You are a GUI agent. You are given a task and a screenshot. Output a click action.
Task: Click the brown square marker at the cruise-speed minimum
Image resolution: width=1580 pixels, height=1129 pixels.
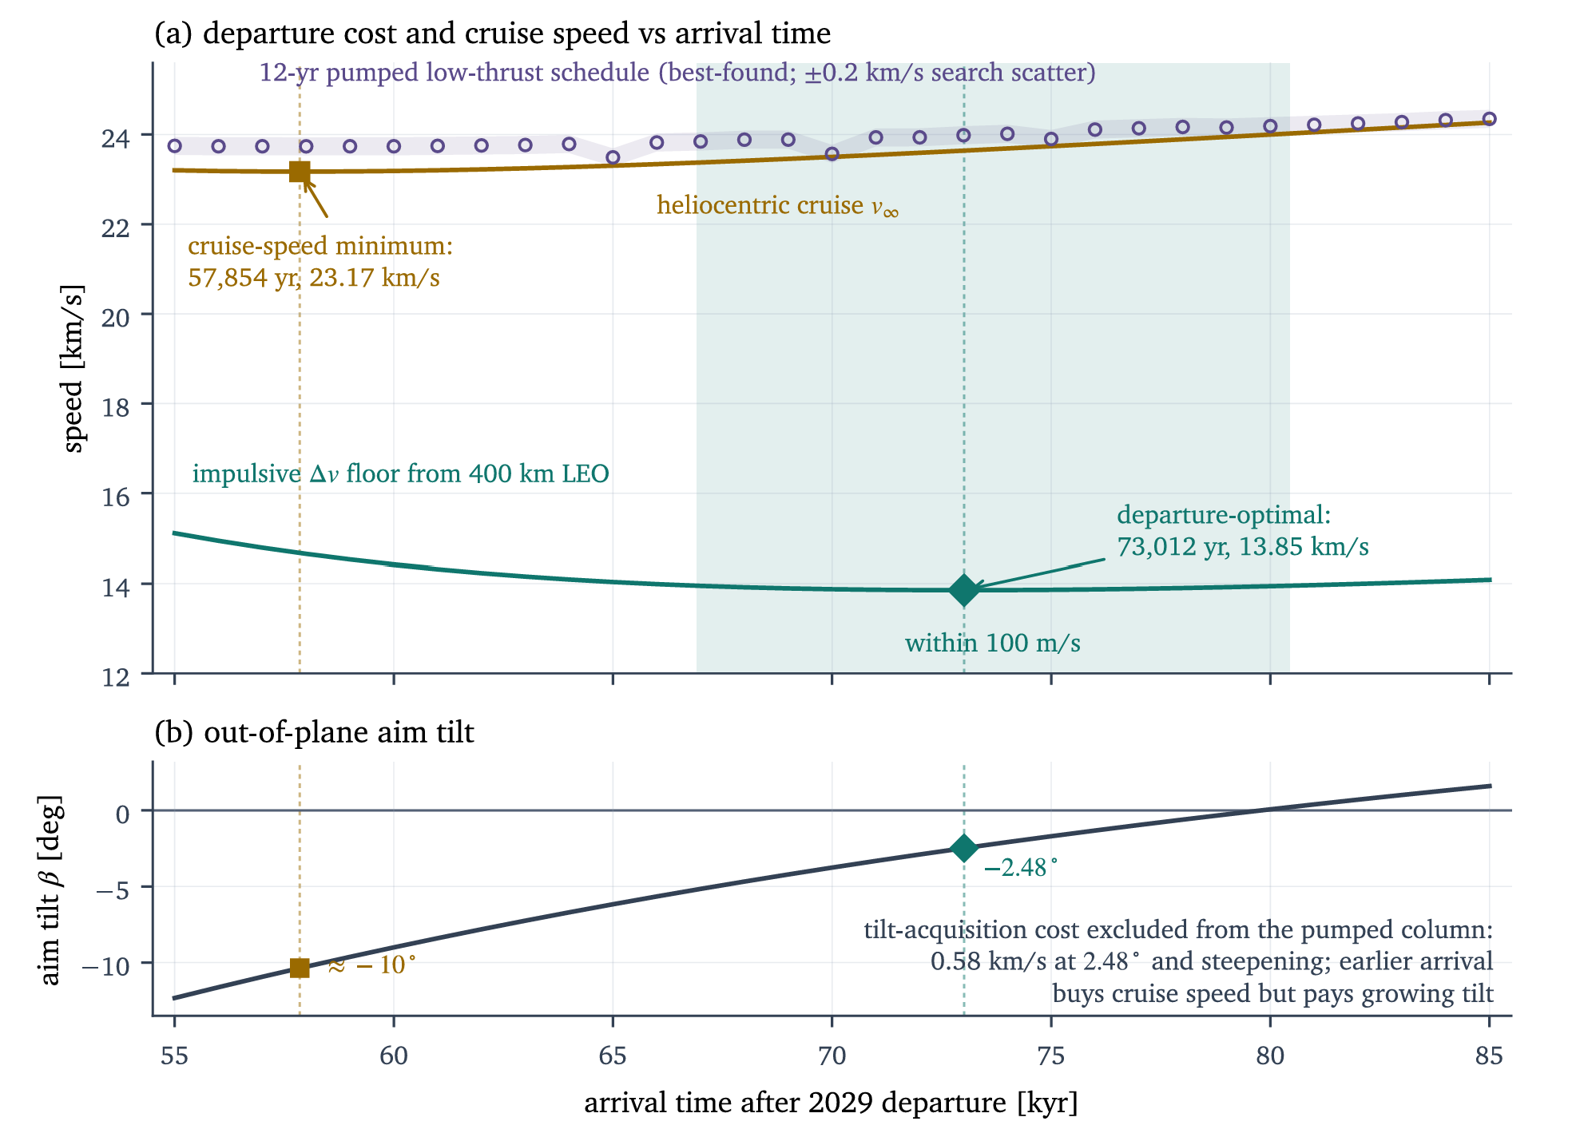300,172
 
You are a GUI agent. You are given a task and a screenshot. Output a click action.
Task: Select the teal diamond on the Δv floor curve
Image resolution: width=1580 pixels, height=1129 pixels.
964,590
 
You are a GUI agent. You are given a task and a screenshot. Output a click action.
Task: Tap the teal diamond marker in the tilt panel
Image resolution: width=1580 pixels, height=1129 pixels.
964,848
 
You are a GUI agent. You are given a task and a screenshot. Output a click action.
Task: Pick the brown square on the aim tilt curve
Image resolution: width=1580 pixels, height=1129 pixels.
300,968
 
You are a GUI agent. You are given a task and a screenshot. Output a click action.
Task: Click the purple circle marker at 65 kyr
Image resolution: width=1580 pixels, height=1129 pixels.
613,157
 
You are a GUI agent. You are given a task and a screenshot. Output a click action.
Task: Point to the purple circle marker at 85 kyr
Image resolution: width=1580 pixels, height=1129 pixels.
1489,119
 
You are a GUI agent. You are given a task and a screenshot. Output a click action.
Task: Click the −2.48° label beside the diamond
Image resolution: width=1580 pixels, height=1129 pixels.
1020,868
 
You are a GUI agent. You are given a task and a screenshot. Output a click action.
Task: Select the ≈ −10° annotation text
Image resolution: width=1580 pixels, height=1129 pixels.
372,965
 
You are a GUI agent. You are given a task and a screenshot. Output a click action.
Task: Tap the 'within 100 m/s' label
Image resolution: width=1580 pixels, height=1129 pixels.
993,643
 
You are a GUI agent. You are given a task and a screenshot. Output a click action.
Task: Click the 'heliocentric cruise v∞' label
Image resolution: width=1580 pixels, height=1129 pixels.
778,205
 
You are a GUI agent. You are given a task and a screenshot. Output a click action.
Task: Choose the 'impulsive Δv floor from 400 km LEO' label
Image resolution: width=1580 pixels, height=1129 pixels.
400,473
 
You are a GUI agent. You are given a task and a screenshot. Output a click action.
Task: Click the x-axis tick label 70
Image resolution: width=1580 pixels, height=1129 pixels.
832,1056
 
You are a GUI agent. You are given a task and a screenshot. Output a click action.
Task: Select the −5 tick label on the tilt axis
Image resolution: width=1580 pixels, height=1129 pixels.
113,889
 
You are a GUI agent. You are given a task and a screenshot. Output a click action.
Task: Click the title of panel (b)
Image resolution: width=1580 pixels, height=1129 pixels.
314,732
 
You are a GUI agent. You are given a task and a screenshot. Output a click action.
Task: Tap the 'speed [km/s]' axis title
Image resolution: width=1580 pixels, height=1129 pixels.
73,368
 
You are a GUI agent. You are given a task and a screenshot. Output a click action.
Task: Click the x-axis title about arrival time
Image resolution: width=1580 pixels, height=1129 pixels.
831,1103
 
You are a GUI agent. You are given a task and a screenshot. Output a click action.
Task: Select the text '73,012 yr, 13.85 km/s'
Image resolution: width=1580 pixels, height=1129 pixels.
1243,547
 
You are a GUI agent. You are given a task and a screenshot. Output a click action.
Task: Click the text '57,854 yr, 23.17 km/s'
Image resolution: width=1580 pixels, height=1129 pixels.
314,278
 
